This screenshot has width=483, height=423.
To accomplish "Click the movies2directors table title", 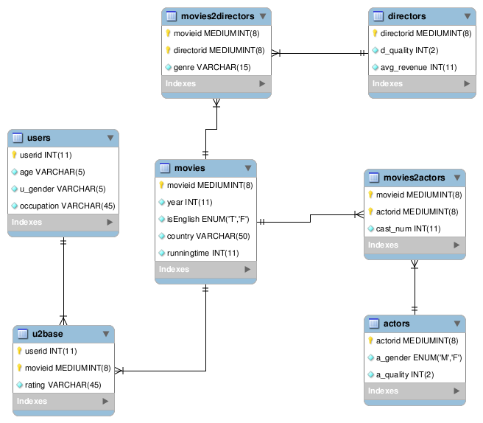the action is (217, 16).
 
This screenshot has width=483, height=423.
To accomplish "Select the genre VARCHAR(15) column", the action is (212, 67).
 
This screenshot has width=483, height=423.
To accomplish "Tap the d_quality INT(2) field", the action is (409, 50).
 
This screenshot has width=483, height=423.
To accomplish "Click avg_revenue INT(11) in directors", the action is (418, 67).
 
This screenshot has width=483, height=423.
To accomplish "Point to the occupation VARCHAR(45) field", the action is (67, 206).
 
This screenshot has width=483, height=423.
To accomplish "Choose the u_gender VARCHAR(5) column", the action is (63, 189).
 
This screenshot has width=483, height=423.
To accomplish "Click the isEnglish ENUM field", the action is (208, 219).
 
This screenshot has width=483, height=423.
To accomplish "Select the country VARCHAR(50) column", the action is (208, 236).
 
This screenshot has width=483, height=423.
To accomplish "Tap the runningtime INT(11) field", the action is (202, 253).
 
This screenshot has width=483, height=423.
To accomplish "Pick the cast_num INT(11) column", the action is (408, 228).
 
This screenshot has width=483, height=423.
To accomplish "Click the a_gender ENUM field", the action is (419, 357).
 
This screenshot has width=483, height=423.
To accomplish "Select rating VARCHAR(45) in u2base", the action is (63, 385).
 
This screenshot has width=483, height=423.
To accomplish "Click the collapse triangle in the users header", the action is (110, 138).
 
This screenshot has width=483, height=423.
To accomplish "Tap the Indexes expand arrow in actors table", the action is (456, 391).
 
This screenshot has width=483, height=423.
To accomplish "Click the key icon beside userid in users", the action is (14, 155).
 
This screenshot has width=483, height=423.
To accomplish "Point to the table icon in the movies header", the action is (165, 168).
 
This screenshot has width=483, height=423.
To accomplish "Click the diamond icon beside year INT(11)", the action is (162, 202).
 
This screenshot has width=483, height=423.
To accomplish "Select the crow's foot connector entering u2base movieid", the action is (119, 371).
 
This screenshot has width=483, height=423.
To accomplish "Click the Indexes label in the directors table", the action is (387, 83).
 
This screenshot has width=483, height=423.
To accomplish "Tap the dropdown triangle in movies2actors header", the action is (457, 178).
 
